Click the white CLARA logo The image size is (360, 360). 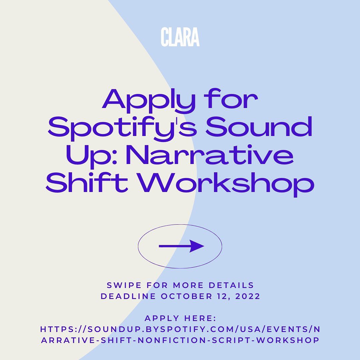[x=180, y=37]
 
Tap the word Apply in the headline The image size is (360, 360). [x=149, y=101]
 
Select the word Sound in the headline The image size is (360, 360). [x=259, y=126]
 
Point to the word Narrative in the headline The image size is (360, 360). [x=210, y=155]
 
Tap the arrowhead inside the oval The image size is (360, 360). [x=197, y=246]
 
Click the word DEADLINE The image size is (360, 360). [x=128, y=296]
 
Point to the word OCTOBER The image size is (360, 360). [x=186, y=296]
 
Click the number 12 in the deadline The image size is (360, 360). [x=223, y=296]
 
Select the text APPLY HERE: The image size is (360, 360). [x=180, y=318]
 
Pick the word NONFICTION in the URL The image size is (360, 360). [x=172, y=340]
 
